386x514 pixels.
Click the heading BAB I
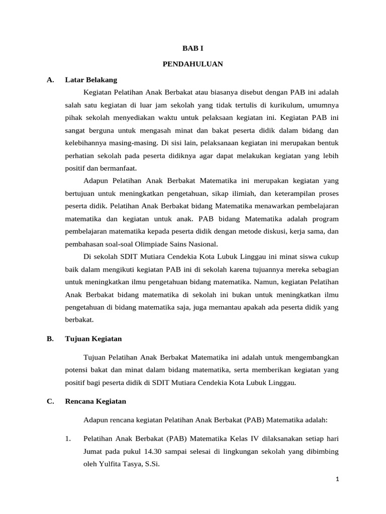coord(192,49)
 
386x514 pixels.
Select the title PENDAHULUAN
coord(192,64)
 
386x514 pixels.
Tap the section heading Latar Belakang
coord(91,79)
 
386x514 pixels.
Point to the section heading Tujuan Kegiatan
coord(93,339)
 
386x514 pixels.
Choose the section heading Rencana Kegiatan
coord(95,402)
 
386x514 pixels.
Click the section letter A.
coord(50,79)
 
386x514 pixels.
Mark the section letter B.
coord(50,339)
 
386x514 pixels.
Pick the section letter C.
coord(50,402)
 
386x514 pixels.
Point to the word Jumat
coord(94,452)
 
